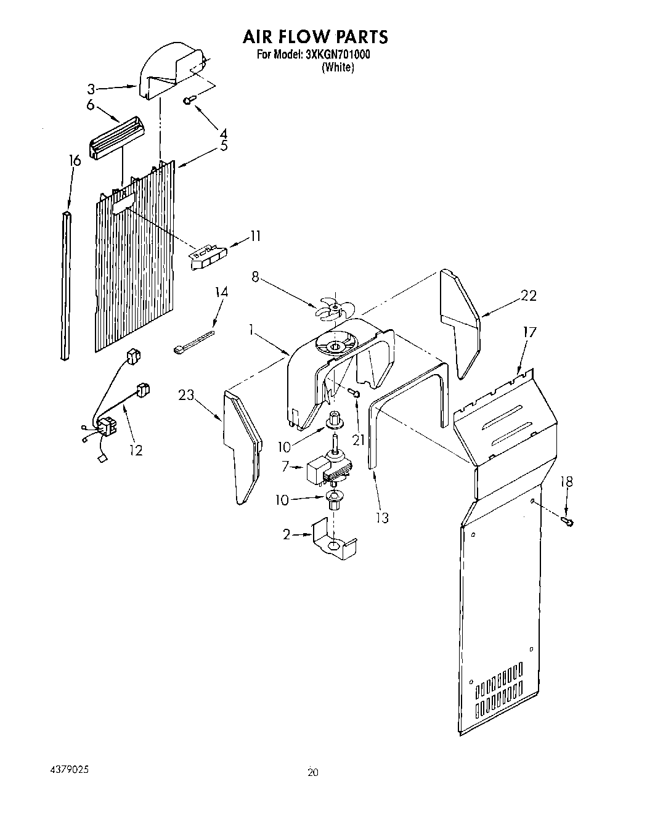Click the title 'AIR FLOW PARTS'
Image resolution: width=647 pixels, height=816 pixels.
[x=314, y=36]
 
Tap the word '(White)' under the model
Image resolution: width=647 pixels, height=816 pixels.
[x=338, y=68]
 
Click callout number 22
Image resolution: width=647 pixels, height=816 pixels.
[x=528, y=296]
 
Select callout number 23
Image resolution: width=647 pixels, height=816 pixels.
[x=186, y=396]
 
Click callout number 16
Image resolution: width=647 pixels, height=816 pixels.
[x=75, y=161]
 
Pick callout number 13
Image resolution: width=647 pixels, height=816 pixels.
[x=383, y=518]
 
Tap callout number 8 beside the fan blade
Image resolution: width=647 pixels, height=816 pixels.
[x=255, y=277]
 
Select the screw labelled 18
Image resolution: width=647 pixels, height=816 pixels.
[x=568, y=522]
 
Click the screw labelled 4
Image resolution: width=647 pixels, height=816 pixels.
[x=190, y=99]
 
